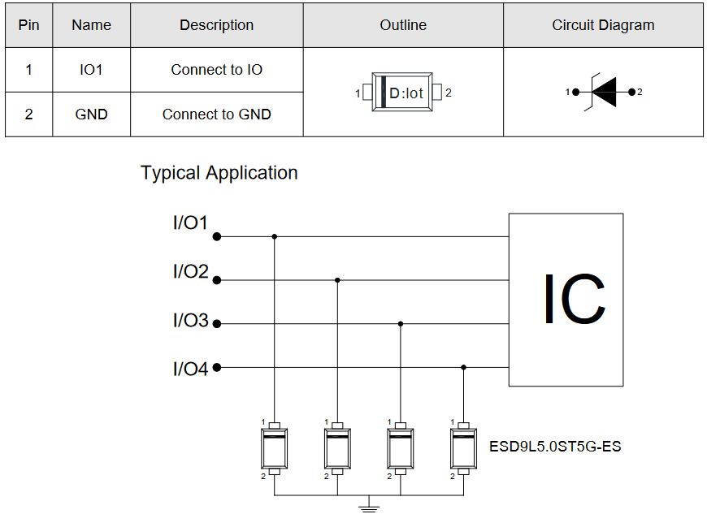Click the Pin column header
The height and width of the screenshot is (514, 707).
[x=29, y=25]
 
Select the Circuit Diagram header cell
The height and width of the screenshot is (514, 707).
[x=603, y=25]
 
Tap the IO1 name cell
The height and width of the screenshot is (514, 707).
[x=91, y=70]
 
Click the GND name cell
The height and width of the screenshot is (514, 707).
[x=91, y=114]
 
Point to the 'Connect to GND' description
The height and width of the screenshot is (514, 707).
[x=216, y=114]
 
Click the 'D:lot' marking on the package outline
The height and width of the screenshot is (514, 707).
[x=406, y=93]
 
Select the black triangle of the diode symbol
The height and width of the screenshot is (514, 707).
[x=604, y=92]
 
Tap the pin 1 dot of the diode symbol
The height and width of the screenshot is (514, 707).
[x=576, y=92]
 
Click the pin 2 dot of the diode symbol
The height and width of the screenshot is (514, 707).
[x=631, y=92]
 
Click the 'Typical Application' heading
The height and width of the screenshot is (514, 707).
[x=219, y=173]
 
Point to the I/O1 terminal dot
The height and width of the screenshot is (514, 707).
[x=217, y=236]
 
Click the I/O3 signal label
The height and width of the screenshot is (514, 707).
[x=191, y=320]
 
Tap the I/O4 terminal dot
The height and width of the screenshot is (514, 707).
[x=217, y=368]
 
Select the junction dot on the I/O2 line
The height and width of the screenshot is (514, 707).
[x=337, y=280]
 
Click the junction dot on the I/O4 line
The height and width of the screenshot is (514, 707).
[x=463, y=368]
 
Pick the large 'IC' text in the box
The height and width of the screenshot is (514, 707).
[x=574, y=299]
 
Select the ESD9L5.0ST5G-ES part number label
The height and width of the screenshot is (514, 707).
[x=555, y=447]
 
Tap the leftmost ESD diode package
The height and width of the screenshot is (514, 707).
[x=274, y=449]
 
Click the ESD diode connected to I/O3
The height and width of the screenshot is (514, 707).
[x=401, y=449]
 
